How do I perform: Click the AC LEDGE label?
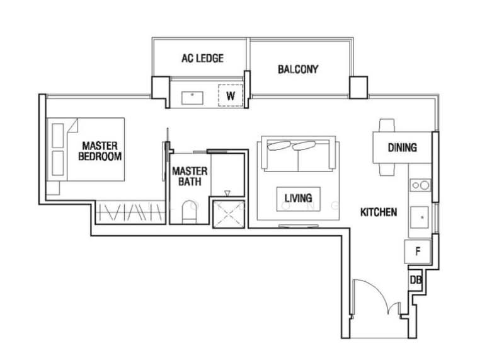pyautogui.click(x=202, y=58)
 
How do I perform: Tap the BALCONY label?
pyautogui.click(x=298, y=69)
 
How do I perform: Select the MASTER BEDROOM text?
pyautogui.click(x=100, y=151)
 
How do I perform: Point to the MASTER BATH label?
pyautogui.click(x=190, y=177)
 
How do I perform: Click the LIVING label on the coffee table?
pyautogui.click(x=298, y=198)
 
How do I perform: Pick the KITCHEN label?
pyautogui.click(x=379, y=212)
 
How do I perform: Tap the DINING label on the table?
pyautogui.click(x=403, y=148)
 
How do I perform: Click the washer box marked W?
pyautogui.click(x=231, y=95)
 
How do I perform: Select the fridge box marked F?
pyautogui.click(x=417, y=252)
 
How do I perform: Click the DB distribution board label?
pyautogui.click(x=416, y=280)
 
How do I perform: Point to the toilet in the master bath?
pyautogui.click(x=188, y=212)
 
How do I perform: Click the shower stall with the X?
pyautogui.click(x=229, y=214)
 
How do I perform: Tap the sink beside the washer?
pyautogui.click(x=192, y=98)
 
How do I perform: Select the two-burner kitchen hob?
pyautogui.click(x=420, y=185)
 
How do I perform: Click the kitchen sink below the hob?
pyautogui.click(x=420, y=217)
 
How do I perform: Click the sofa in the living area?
pyautogui.click(x=298, y=154)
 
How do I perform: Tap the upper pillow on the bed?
pyautogui.click(x=58, y=136)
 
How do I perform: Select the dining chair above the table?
pyautogui.click(x=387, y=125)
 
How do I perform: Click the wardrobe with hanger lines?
pyautogui.click(x=130, y=212)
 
